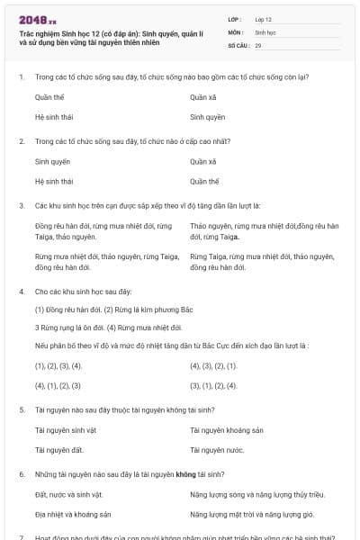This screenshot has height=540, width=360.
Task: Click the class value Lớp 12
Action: tap(263, 18)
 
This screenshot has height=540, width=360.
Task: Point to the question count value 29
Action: tap(258, 45)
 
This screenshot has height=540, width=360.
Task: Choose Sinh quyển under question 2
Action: tap(52, 162)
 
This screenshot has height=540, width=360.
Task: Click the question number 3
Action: tap(21, 205)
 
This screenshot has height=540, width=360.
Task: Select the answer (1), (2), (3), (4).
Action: tap(58, 366)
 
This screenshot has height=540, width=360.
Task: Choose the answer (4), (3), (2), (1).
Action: tap(213, 366)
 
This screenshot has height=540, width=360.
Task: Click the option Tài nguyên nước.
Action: tap(217, 449)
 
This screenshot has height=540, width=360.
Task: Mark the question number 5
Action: tap(21, 409)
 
